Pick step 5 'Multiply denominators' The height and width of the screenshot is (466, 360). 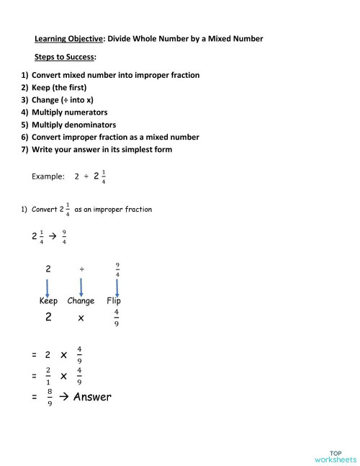[73, 125]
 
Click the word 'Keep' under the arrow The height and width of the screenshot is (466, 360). [48, 301]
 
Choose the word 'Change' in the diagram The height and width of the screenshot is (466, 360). [81, 301]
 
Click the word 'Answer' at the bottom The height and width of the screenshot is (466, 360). [92, 396]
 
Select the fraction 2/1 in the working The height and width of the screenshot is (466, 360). [48, 376]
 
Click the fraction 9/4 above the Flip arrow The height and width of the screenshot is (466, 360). [117, 269]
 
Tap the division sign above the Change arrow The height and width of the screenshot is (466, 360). [81, 269]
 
